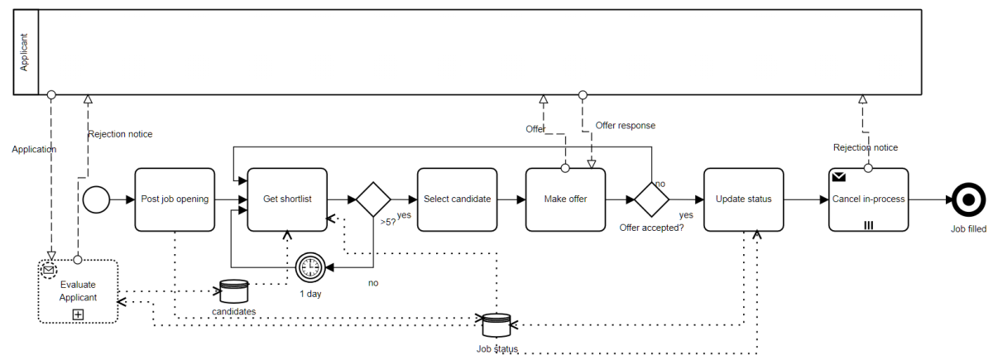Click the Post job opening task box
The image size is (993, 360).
tap(175, 199)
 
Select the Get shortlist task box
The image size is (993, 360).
tap(287, 199)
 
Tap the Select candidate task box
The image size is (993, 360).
tap(457, 199)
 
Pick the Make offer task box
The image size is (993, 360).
tap(565, 199)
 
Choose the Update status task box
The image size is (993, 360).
tap(743, 199)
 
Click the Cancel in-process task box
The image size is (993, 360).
tap(868, 199)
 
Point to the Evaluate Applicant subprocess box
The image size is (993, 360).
tap(78, 291)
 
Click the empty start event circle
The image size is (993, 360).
tap(96, 199)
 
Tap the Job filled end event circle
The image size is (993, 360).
tap(966, 199)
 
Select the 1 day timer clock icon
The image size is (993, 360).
tap(309, 266)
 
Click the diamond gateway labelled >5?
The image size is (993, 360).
tap(373, 199)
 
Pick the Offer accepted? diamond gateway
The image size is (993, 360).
tap(652, 199)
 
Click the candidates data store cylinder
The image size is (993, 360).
tap(233, 291)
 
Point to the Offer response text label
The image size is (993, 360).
tap(625, 126)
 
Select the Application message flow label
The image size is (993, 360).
tap(34, 150)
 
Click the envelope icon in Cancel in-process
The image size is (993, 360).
tap(839, 176)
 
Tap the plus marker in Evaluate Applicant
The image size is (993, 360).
tap(78, 314)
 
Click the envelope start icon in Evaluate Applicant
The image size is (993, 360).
tap(49, 270)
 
